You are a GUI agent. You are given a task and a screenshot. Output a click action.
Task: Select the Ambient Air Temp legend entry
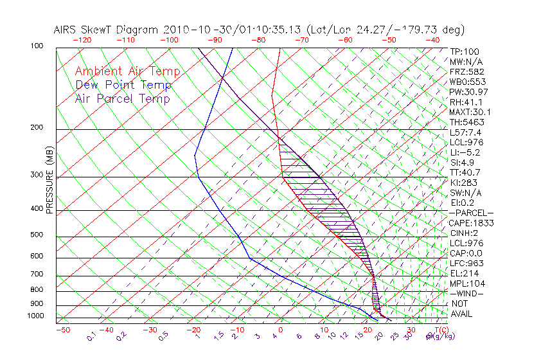[x=127, y=71]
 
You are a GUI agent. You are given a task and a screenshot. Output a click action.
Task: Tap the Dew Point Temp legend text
[x=123, y=85]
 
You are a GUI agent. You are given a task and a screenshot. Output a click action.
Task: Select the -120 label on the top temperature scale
[x=82, y=40]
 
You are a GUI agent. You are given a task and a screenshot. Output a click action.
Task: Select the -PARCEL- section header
[x=472, y=213]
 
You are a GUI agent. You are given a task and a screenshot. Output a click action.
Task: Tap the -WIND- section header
[x=467, y=293]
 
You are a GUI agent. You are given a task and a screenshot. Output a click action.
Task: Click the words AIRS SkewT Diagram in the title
[x=106, y=30]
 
